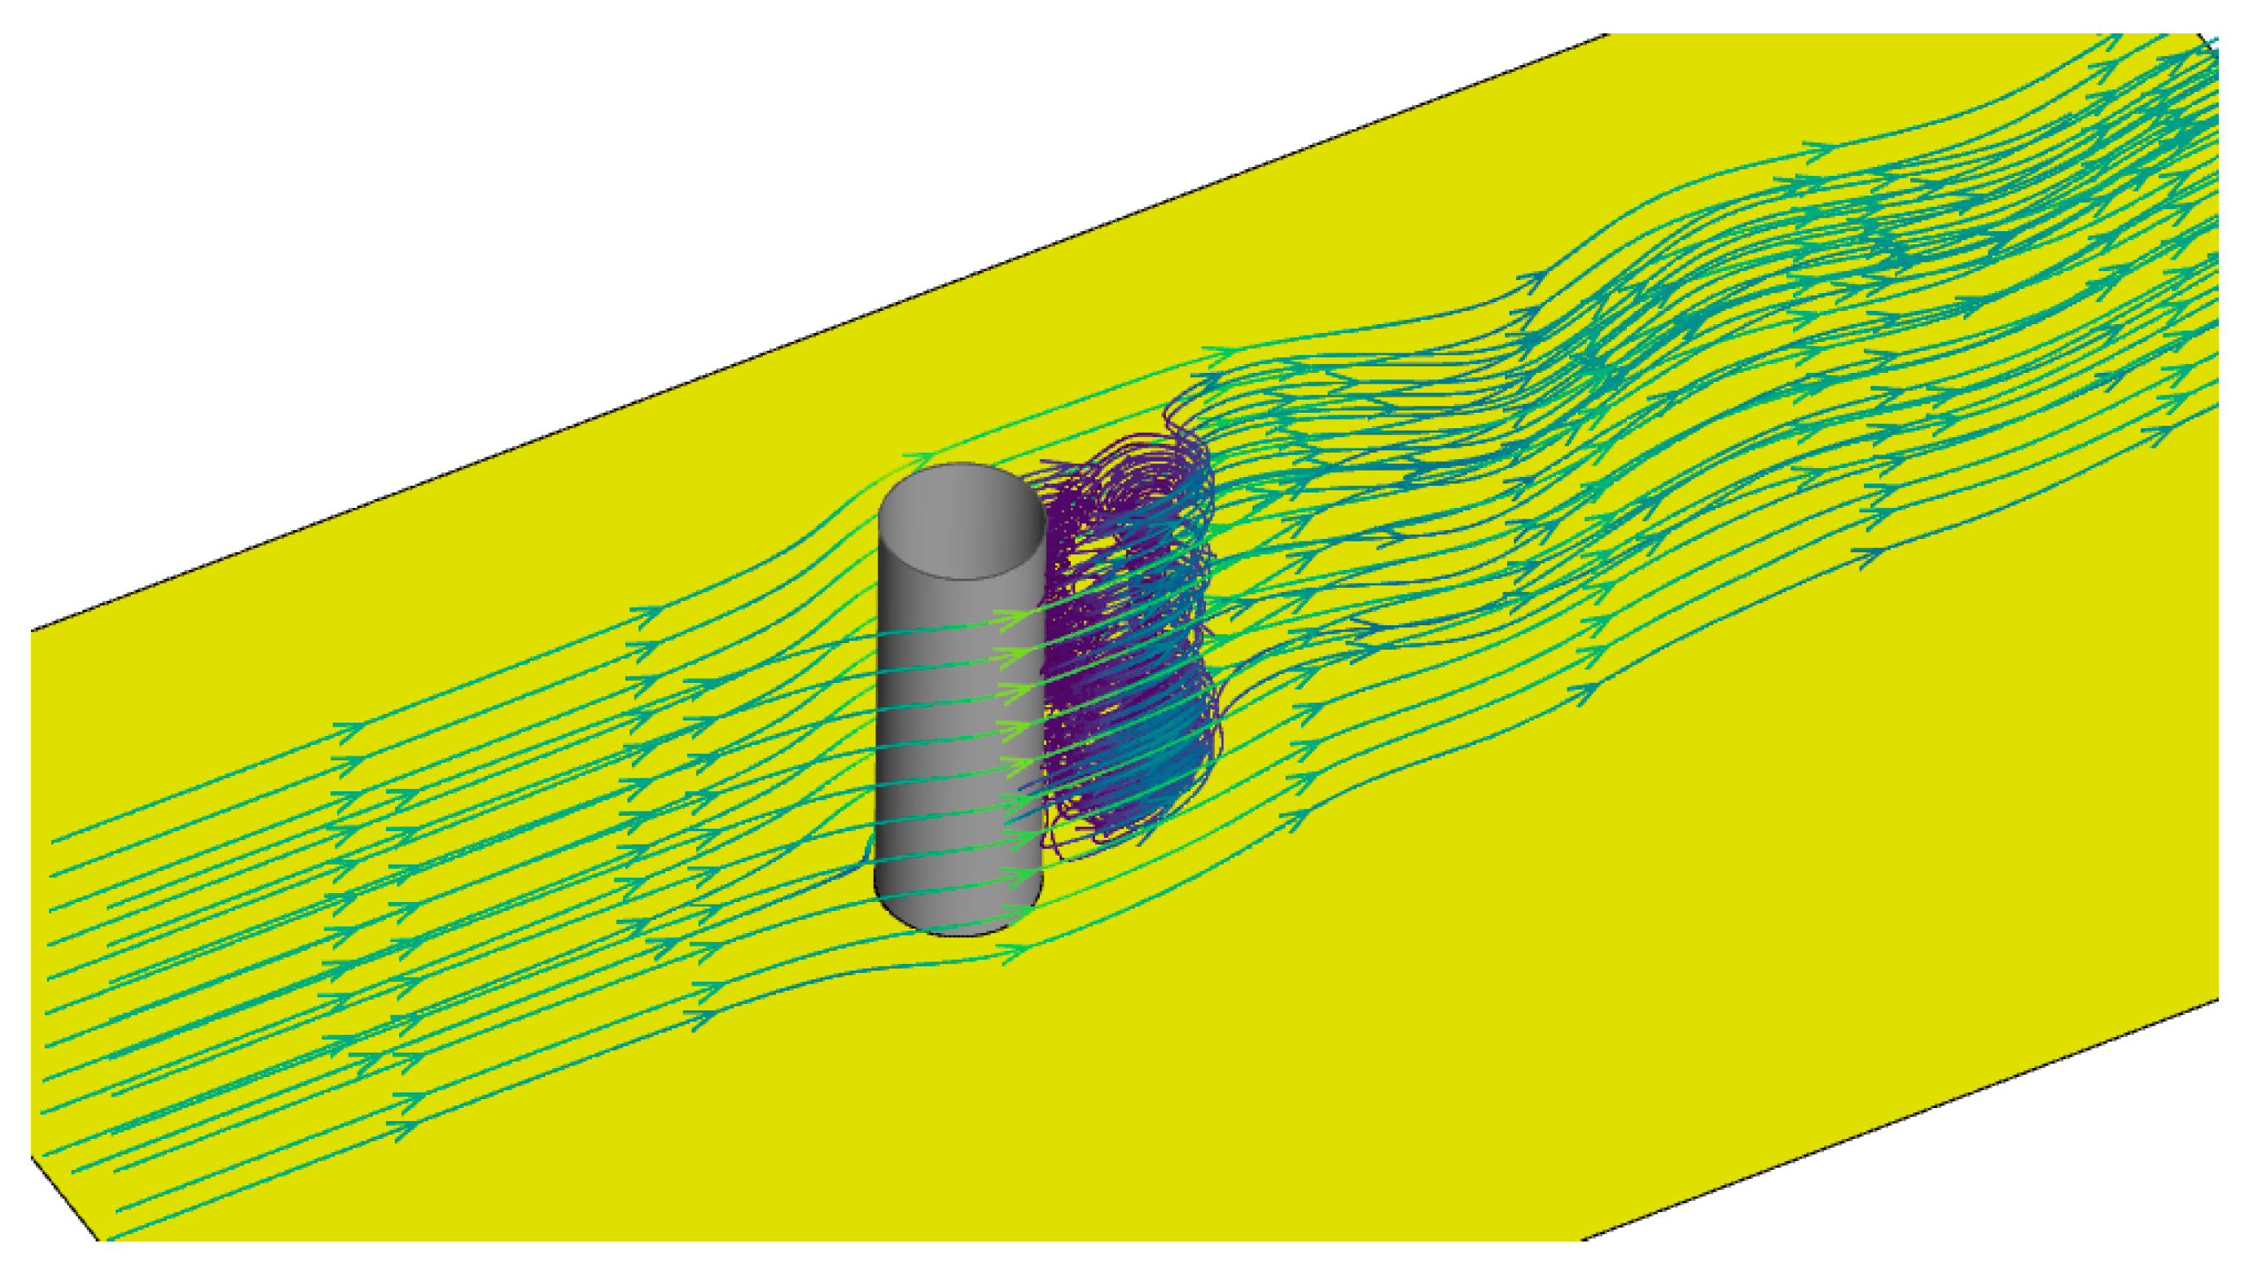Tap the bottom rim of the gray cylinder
[x=961, y=931]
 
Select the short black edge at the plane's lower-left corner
[x=66, y=1199]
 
